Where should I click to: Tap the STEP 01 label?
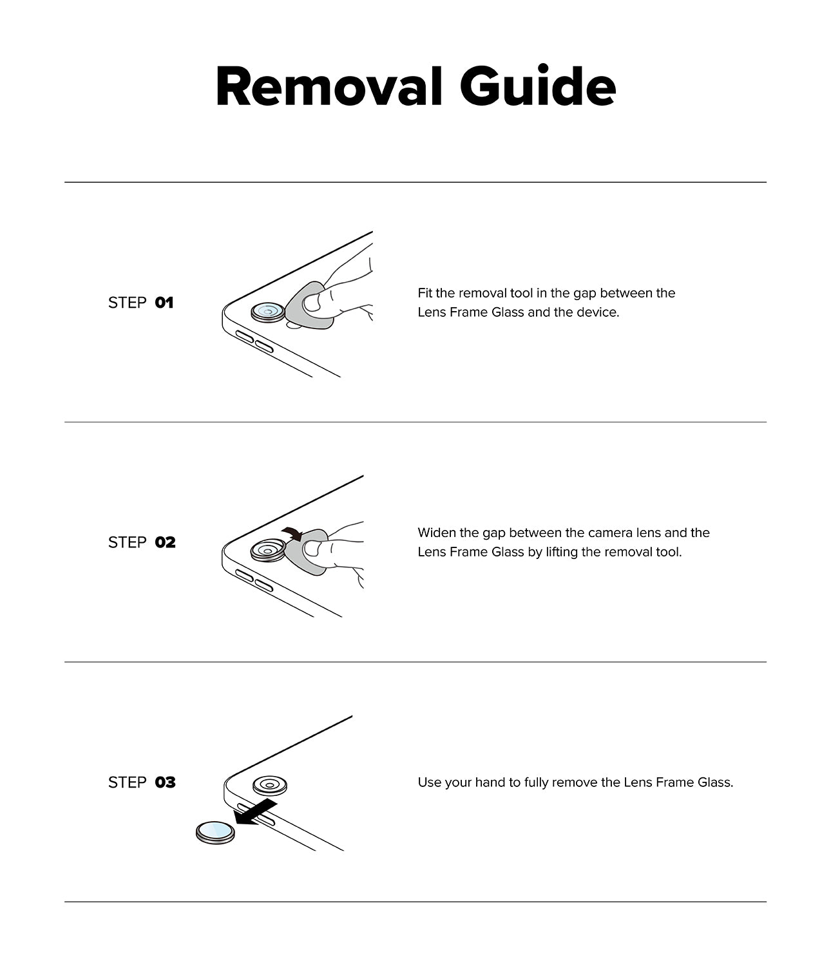pos(140,303)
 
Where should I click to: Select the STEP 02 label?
pos(141,542)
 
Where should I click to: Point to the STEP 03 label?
pos(141,782)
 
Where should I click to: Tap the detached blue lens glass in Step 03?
pos(215,832)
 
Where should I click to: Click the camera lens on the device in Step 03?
pos(269,785)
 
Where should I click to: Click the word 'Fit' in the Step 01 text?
pos(425,293)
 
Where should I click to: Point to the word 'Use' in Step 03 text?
pos(429,782)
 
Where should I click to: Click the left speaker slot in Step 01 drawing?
pos(244,337)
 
